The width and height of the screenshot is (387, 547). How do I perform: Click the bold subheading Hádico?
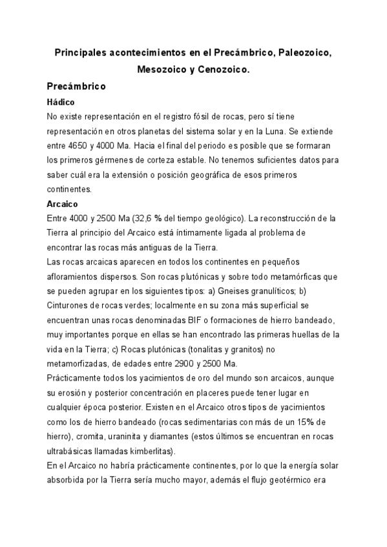62,103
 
